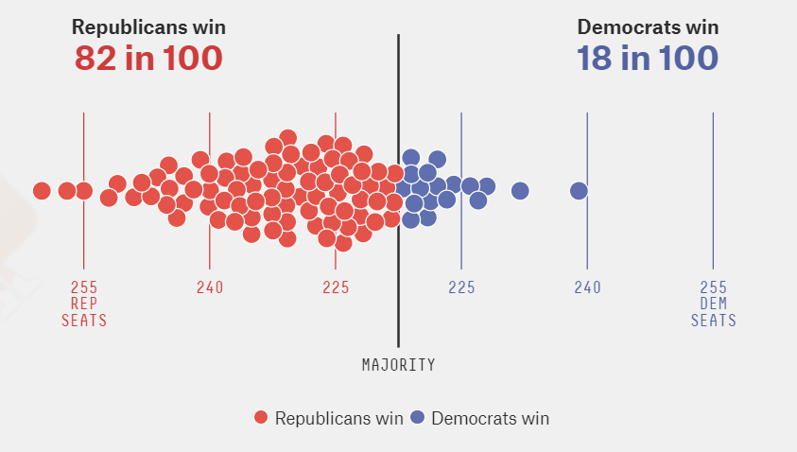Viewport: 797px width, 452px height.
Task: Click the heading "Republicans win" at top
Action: (148, 27)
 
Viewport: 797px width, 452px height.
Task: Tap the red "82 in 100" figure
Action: (148, 59)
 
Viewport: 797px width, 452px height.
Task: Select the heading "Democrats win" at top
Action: (648, 27)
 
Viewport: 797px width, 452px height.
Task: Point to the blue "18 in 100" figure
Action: (648, 59)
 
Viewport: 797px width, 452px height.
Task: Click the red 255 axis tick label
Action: (84, 287)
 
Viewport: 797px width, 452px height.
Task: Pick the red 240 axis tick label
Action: (210, 287)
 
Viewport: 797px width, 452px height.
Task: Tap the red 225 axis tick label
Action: (336, 287)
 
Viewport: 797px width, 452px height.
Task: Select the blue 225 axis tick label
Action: (461, 287)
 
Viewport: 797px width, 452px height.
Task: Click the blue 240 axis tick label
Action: (587, 287)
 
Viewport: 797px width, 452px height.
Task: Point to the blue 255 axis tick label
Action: (713, 287)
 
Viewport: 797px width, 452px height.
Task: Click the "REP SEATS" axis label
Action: (84, 312)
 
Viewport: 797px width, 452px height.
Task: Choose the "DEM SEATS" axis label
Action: (713, 312)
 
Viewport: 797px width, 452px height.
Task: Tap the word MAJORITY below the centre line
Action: (398, 364)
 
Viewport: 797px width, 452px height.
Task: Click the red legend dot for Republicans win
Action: (262, 418)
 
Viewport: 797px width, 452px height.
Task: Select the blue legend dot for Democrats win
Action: (419, 418)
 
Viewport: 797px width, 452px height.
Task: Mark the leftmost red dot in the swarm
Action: (42, 191)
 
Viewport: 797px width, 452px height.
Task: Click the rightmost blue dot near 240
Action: (579, 191)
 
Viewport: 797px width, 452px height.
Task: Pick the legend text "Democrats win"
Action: (490, 418)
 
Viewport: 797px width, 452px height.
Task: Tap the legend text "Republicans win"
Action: (338, 418)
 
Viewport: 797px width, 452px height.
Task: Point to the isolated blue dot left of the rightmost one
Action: (520, 191)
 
